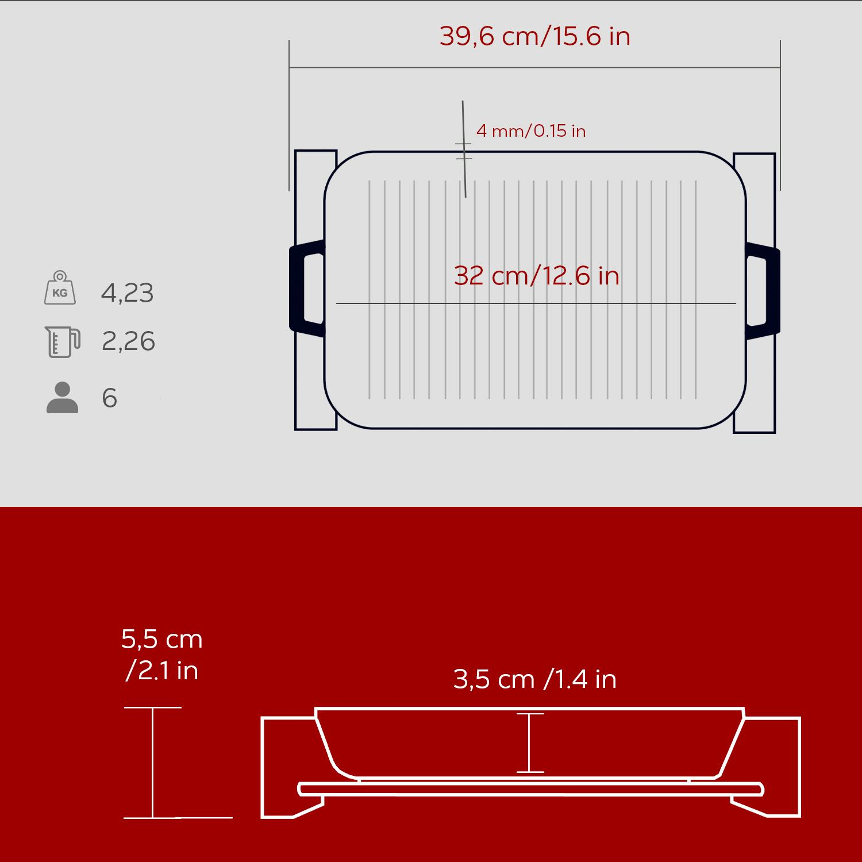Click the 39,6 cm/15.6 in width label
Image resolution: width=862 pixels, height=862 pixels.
tap(535, 36)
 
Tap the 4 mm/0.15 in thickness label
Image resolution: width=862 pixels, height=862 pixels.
tap(531, 131)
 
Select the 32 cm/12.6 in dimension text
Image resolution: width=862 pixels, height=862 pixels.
tap(537, 276)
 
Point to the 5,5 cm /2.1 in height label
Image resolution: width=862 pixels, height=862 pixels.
tap(162, 655)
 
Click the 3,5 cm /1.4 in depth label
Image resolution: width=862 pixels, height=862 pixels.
tap(534, 679)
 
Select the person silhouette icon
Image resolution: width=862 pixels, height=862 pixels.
tap(62, 397)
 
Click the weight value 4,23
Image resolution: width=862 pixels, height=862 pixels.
tap(128, 293)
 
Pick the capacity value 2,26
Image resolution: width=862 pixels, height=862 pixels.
tap(128, 341)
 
